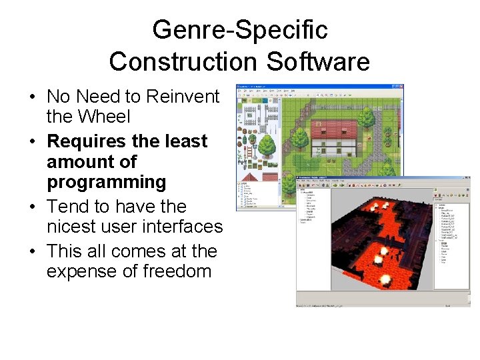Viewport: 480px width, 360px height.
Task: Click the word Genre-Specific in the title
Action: coord(239,30)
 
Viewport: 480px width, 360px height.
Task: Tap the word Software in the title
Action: coord(318,61)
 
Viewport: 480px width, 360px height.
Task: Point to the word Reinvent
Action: coord(183,97)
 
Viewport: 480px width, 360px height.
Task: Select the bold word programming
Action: coord(106,182)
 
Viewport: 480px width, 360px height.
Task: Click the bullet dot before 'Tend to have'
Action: coord(33,207)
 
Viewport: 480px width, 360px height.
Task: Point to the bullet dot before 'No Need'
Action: coord(33,97)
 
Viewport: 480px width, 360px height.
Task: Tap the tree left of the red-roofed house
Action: coord(301,137)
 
